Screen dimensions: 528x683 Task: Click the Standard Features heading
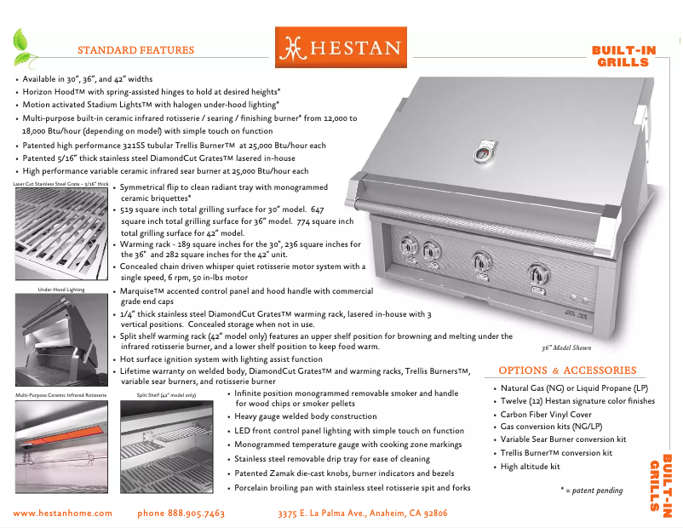(x=136, y=50)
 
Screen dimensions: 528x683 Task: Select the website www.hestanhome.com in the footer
(x=64, y=514)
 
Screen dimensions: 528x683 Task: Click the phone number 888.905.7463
(x=181, y=514)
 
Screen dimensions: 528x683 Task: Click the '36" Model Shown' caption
(x=566, y=347)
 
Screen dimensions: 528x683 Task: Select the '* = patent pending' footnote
(x=591, y=491)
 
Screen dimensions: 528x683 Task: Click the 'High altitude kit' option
(x=530, y=467)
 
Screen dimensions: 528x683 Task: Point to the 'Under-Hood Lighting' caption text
(x=58, y=290)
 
